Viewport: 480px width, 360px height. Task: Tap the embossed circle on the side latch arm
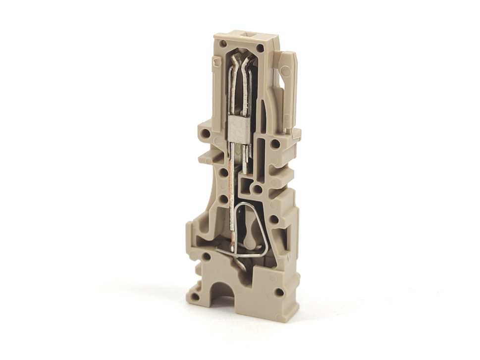(286, 70)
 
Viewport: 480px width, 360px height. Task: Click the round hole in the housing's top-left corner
(224, 44)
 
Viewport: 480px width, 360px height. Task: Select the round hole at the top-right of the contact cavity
(260, 48)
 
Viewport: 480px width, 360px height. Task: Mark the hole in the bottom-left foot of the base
(195, 297)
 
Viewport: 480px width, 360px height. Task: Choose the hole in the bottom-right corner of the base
(279, 292)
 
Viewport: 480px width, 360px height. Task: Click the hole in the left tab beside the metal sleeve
(205, 133)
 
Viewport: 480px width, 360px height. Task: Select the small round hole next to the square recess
(258, 189)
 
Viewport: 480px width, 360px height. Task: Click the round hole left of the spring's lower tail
(206, 257)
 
